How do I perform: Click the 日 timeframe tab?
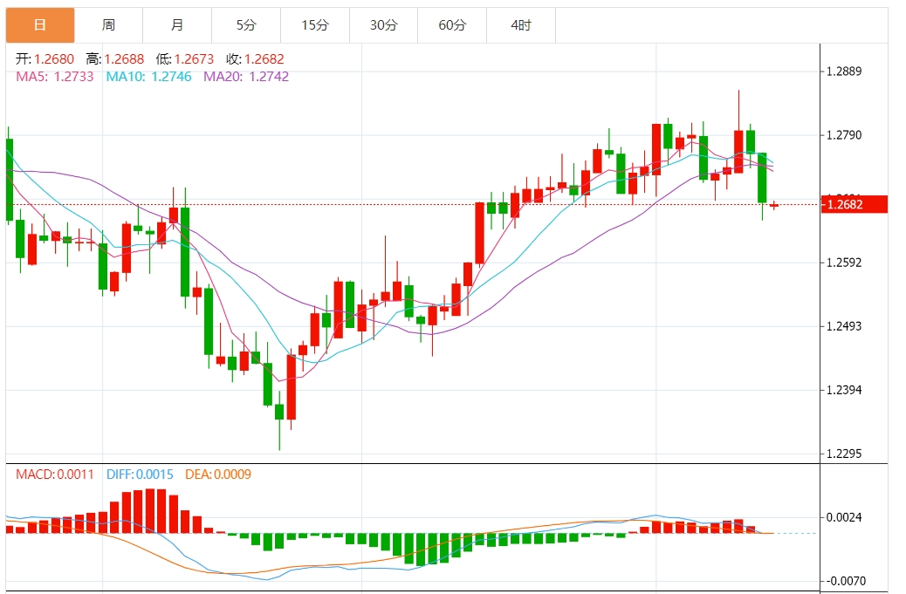pyautogui.click(x=40, y=25)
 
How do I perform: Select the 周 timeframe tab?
pyautogui.click(x=108, y=25)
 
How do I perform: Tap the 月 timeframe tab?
pyautogui.click(x=177, y=25)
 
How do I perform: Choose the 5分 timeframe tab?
pyautogui.click(x=246, y=25)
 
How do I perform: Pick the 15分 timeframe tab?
pyautogui.click(x=314, y=25)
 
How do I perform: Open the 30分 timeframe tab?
pyautogui.click(x=383, y=25)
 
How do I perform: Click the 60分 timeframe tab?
pyautogui.click(x=452, y=25)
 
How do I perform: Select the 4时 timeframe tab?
pyautogui.click(x=521, y=25)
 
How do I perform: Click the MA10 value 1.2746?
pyautogui.click(x=170, y=77)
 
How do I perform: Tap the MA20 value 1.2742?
pyautogui.click(x=268, y=77)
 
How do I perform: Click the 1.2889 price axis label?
pyautogui.click(x=843, y=72)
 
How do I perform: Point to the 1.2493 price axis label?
pyautogui.click(x=843, y=326)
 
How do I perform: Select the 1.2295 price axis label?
pyautogui.click(x=843, y=454)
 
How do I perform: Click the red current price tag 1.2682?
pyautogui.click(x=855, y=205)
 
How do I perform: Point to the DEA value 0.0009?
pyautogui.click(x=231, y=475)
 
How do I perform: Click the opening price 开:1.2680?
pyautogui.click(x=46, y=59)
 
